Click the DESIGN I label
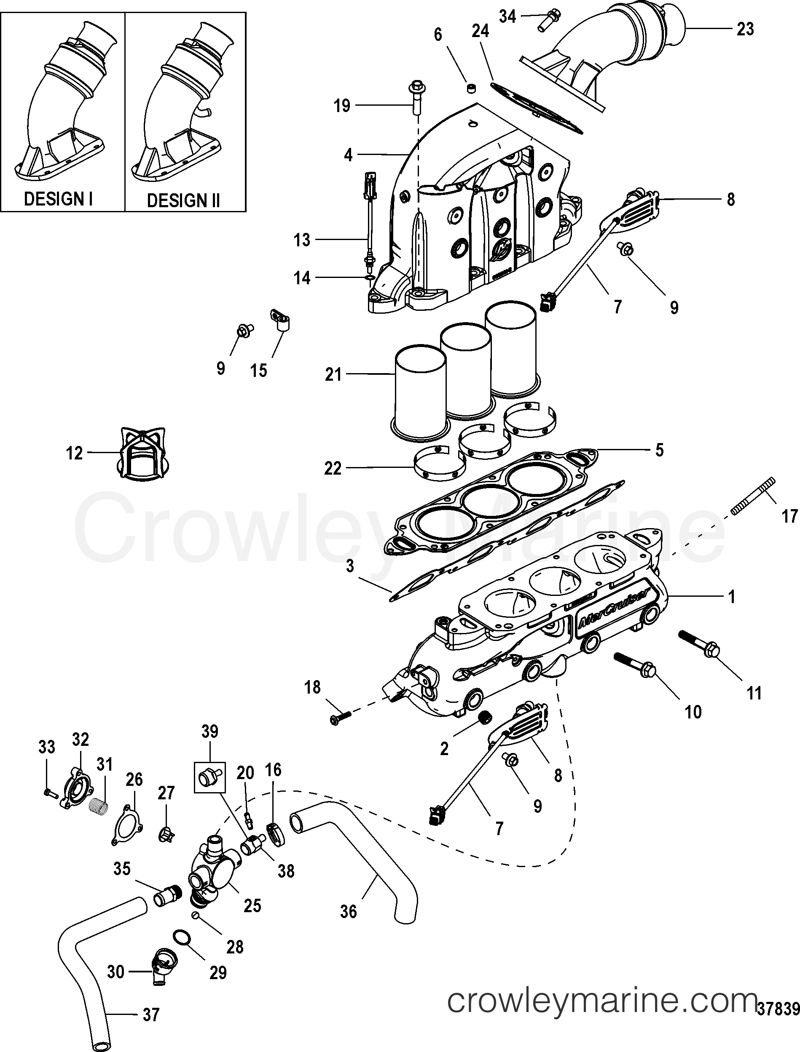point(58,199)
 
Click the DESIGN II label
point(183,200)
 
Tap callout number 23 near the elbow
point(745,29)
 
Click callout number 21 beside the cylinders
point(333,374)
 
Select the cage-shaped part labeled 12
point(143,452)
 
